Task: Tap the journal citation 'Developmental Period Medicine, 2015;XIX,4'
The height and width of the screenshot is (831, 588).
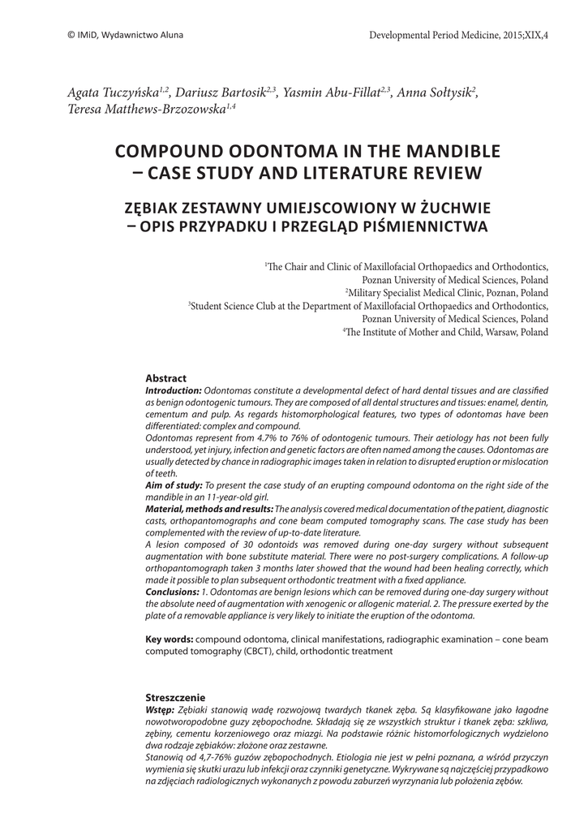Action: pos(457,35)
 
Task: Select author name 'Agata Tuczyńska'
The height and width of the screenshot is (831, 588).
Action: pos(113,93)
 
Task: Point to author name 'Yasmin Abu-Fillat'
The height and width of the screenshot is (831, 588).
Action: pos(334,93)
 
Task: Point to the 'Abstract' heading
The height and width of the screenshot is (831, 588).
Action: pos(165,378)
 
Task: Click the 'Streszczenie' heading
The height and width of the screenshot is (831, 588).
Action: pos(174,698)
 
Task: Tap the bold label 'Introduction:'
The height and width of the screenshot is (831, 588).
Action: pos(174,390)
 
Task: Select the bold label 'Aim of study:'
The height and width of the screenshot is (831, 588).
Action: pos(174,484)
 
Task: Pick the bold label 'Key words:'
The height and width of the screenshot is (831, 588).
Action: pos(169,639)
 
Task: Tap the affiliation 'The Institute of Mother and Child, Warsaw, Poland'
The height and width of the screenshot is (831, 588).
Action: pos(446,332)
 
